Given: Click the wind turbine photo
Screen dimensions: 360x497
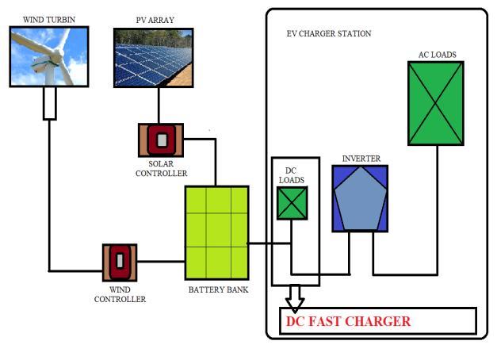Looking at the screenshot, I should tap(48, 56).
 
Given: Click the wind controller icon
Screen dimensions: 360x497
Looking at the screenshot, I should tap(120, 261).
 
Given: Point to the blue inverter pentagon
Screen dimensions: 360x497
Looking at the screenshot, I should tap(361, 197).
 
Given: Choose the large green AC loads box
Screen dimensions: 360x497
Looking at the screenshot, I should tap(435, 103).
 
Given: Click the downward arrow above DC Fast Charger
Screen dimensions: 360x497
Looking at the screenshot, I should tap(295, 297).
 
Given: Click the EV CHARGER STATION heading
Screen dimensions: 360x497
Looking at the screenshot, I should tap(328, 34).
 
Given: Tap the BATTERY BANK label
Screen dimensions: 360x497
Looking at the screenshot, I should tap(217, 289).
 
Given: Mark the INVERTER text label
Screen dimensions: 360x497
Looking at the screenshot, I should tap(361, 159).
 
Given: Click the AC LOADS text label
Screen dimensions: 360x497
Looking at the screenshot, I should tap(437, 55).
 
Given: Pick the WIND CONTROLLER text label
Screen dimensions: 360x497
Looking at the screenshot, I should tap(120, 295).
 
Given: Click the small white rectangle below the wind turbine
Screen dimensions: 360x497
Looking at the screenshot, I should tap(49, 103).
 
